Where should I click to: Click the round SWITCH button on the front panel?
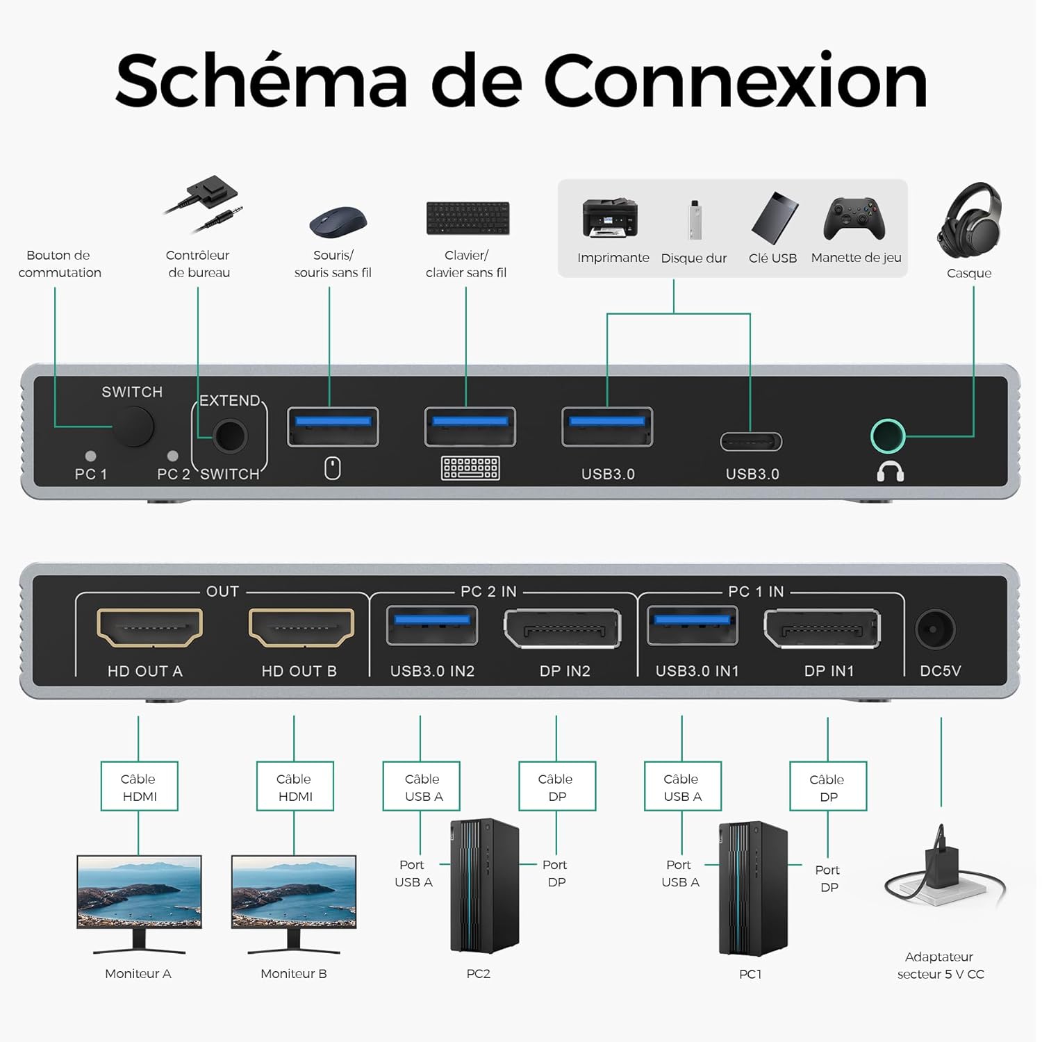click(x=133, y=427)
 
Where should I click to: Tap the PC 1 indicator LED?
click(x=90, y=456)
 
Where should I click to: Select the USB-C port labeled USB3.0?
click(x=751, y=441)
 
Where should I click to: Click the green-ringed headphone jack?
click(x=888, y=436)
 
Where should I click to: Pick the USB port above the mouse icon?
click(x=333, y=427)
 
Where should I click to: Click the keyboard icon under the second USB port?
click(x=470, y=468)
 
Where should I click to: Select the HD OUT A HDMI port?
click(x=149, y=628)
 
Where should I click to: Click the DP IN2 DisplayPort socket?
click(x=562, y=629)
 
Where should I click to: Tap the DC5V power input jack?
click(x=935, y=629)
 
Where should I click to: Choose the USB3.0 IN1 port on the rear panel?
click(x=693, y=625)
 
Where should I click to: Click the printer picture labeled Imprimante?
click(x=610, y=219)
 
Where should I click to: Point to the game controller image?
click(x=854, y=219)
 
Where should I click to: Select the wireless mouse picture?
click(x=338, y=222)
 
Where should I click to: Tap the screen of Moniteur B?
click(x=294, y=891)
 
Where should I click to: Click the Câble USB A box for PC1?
click(x=682, y=786)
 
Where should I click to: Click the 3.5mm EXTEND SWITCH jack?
click(x=230, y=436)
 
